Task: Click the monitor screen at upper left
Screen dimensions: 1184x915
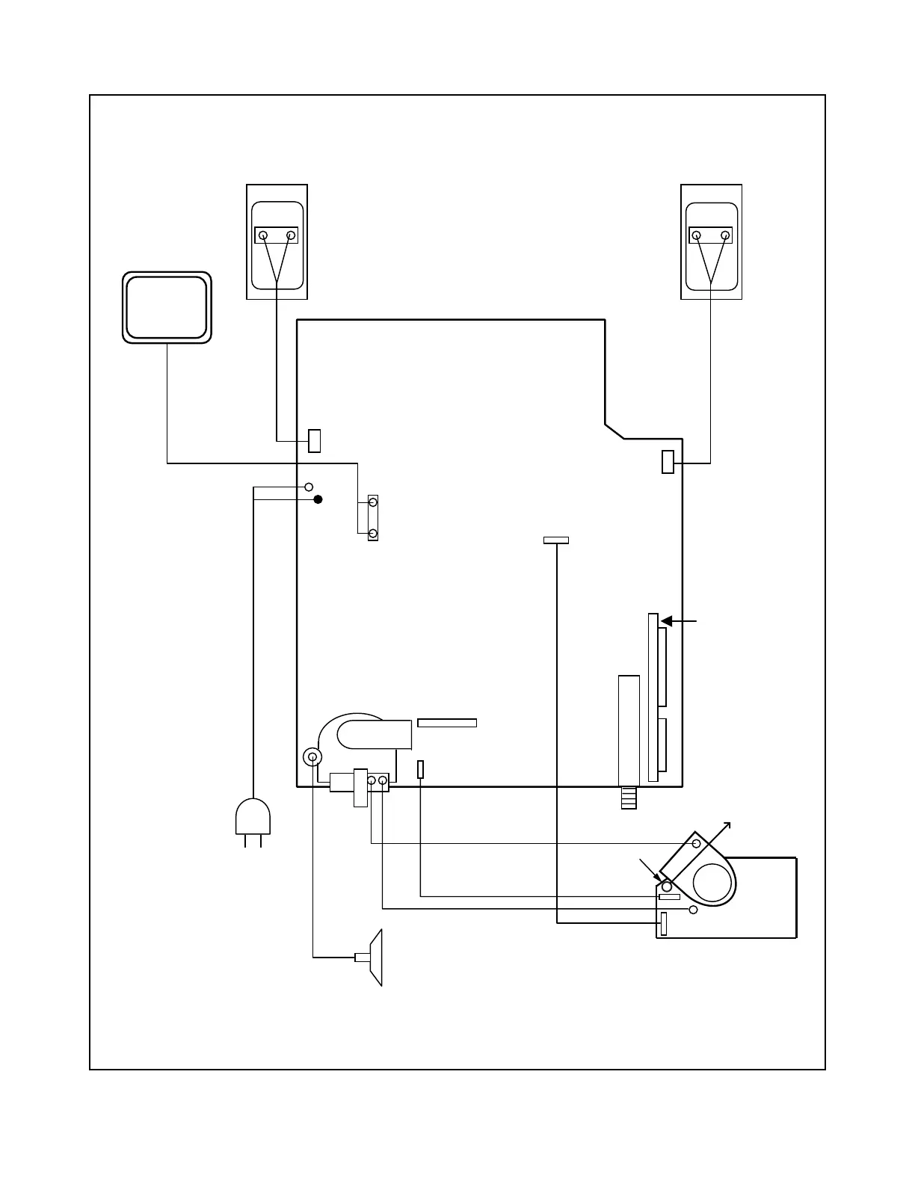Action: pyautogui.click(x=166, y=307)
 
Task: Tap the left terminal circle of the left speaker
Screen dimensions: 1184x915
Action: pyautogui.click(x=263, y=235)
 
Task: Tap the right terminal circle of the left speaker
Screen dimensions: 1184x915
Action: pyautogui.click(x=291, y=235)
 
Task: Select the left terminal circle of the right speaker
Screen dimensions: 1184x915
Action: pyautogui.click(x=697, y=235)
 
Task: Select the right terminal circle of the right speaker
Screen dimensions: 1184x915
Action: pyautogui.click(x=725, y=235)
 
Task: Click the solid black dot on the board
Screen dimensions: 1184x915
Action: pyautogui.click(x=318, y=499)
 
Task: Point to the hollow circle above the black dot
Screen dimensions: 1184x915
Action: pyautogui.click(x=309, y=487)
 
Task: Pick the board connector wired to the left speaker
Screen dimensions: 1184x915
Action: pyautogui.click(x=315, y=441)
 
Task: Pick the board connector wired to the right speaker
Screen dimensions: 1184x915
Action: pyautogui.click(x=668, y=463)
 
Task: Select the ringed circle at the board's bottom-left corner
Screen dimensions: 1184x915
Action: pyautogui.click(x=312, y=757)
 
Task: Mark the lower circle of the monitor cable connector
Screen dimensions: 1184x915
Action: pyautogui.click(x=373, y=533)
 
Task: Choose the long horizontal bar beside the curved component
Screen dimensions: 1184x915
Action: pyautogui.click(x=447, y=722)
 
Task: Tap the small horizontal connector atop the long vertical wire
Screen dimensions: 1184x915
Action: pyautogui.click(x=556, y=540)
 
